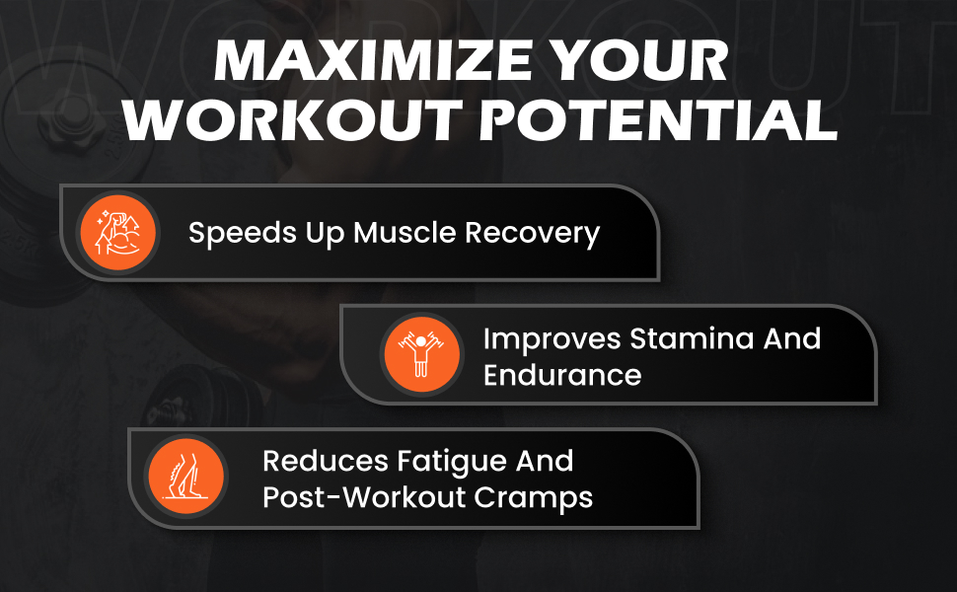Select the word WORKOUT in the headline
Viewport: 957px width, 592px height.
click(292, 120)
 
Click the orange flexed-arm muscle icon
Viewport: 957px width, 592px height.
click(117, 233)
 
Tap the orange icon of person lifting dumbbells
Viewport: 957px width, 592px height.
click(421, 354)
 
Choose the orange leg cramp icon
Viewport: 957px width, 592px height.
click(186, 476)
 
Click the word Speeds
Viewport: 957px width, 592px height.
click(243, 234)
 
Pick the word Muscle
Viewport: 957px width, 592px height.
click(405, 233)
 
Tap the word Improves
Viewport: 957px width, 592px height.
click(552, 340)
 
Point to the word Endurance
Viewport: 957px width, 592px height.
click(562, 375)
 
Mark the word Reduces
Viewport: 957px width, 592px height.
click(326, 462)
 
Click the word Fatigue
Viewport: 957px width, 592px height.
click(452, 463)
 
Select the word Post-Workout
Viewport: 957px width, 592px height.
click(364, 497)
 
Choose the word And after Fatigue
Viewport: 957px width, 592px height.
click(545, 462)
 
